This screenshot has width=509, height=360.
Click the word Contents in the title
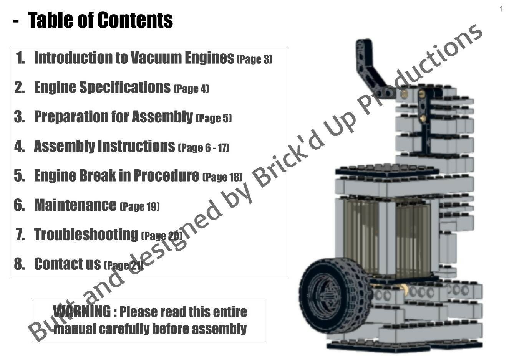pos(135,20)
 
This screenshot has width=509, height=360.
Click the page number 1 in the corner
pos(501,9)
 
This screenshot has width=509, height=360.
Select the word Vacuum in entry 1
pos(156,58)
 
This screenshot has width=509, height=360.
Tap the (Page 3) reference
pos(254,59)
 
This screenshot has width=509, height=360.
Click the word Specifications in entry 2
pos(125,88)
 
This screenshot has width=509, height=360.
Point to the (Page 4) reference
pos(191,89)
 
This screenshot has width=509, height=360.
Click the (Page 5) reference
pos(214,118)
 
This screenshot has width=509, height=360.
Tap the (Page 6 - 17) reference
pos(204,147)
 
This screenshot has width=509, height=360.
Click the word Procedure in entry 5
pos(166,175)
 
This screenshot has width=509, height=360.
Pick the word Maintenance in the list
pos(75,205)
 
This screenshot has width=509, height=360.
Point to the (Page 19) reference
pos(139,206)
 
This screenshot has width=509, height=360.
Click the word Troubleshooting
pos(86,234)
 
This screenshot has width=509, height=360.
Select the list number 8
pos(19,264)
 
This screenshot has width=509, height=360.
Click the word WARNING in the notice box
pos(82,311)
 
